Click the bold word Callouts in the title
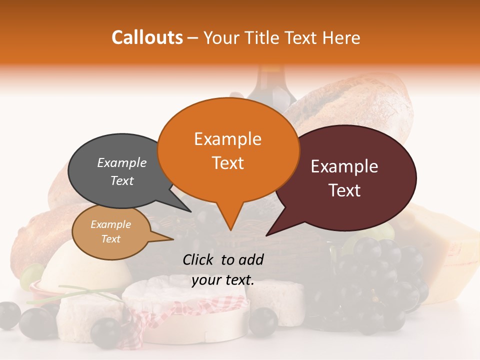147,37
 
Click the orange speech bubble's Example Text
227,151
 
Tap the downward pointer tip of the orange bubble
230,229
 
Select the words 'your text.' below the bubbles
223,280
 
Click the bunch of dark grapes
380,280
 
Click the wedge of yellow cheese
450,240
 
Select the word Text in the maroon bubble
345,190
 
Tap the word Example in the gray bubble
121,163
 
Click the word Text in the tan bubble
111,239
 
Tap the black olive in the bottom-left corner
9,315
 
